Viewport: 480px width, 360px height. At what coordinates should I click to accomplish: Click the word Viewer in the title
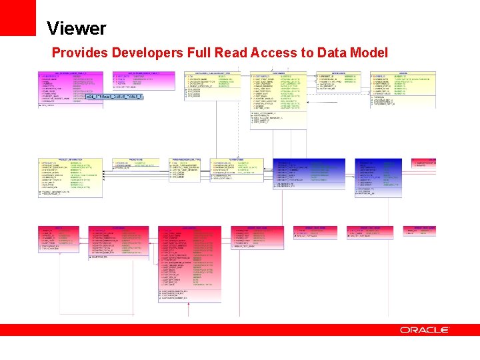[x=76, y=29]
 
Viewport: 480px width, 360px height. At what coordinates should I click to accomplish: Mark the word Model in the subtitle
[x=369, y=53]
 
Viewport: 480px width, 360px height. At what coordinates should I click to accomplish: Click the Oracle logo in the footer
[x=425, y=330]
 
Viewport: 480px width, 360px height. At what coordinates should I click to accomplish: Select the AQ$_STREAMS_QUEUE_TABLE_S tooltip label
[x=114, y=97]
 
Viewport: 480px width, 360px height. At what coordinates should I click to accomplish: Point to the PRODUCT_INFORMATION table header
[x=71, y=160]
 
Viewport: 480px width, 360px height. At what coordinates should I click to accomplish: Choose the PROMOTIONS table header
[x=137, y=160]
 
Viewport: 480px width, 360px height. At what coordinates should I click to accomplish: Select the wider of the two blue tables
[x=311, y=177]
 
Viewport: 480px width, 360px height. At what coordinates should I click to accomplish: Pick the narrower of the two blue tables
[x=379, y=177]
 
